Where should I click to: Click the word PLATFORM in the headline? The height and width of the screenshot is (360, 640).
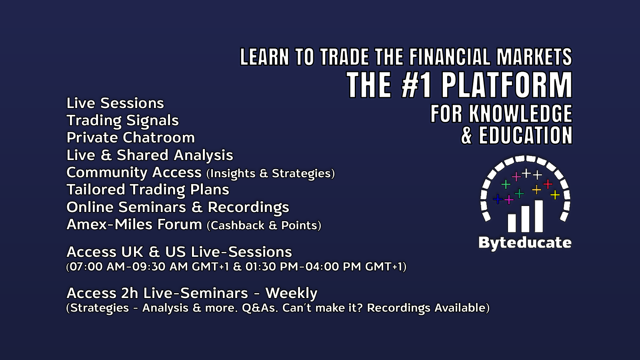[507, 85]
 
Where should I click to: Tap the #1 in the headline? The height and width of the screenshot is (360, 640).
[416, 85]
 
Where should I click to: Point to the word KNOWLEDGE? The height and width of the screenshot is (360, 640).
[520, 114]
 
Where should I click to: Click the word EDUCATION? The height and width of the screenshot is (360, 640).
[526, 135]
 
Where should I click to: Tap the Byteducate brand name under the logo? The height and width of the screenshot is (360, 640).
[525, 243]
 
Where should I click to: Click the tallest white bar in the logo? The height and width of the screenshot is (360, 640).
[538, 216]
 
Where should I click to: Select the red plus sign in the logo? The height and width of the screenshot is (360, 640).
[548, 184]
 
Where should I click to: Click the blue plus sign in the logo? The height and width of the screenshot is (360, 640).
[498, 199]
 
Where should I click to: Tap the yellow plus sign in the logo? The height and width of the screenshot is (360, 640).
[555, 195]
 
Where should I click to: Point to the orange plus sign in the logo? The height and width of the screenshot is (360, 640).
[536, 190]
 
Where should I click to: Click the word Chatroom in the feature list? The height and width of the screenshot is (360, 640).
[159, 138]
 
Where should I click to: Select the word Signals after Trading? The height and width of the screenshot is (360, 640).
[152, 120]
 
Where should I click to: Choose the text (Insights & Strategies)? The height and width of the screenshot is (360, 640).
[270, 174]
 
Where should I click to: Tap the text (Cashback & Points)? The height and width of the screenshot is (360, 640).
[264, 226]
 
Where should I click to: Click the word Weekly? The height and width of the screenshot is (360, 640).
[292, 294]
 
